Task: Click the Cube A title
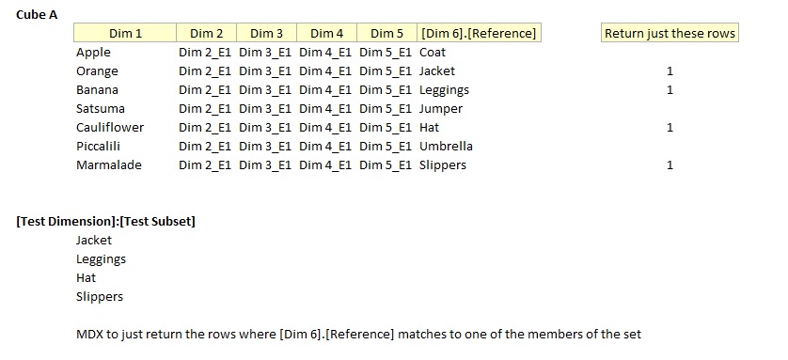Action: click(x=38, y=14)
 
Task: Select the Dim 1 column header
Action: click(x=125, y=34)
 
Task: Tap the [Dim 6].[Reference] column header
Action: click(x=480, y=34)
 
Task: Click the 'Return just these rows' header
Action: click(x=670, y=34)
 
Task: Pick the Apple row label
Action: click(x=93, y=53)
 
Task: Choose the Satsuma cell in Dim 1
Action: click(x=100, y=109)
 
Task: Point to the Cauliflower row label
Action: click(x=110, y=128)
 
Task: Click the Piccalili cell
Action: click(x=98, y=147)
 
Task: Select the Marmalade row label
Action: click(x=109, y=165)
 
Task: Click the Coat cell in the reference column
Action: click(x=433, y=53)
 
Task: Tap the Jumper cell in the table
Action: click(x=440, y=109)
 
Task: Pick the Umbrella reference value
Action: click(x=446, y=147)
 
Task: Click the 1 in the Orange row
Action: click(x=670, y=71)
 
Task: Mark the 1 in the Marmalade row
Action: click(x=670, y=165)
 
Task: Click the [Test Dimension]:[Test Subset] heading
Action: click(x=105, y=222)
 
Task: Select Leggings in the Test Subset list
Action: click(x=101, y=259)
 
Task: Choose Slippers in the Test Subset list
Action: click(x=100, y=297)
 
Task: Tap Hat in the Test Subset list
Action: click(x=86, y=278)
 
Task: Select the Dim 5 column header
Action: click(x=387, y=34)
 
